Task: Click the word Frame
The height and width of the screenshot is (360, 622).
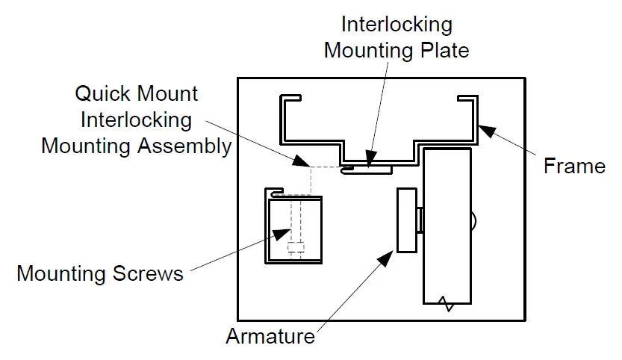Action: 574,165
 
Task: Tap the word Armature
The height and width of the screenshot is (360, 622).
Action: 270,336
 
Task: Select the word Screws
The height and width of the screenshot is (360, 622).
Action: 149,273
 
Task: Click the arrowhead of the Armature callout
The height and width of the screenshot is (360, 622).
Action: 385,258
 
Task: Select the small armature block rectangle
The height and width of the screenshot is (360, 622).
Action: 407,220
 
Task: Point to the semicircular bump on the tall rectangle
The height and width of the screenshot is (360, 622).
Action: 473,220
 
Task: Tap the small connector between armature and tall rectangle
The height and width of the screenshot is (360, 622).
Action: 420,220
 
